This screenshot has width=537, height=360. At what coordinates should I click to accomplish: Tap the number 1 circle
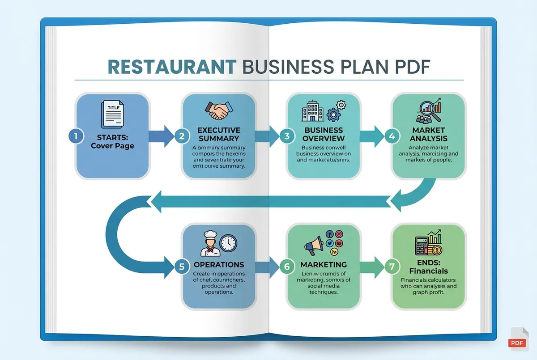click(x=76, y=137)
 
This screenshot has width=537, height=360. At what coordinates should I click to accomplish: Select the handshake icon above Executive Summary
click(x=219, y=110)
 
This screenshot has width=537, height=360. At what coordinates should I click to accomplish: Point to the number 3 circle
click(x=286, y=137)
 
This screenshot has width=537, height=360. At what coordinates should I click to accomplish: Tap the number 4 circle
click(x=392, y=137)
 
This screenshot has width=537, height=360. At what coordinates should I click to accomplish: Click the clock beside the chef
click(x=228, y=243)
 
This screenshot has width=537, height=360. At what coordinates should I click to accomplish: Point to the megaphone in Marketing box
click(x=315, y=246)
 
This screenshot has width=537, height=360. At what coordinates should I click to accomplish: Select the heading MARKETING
click(x=324, y=265)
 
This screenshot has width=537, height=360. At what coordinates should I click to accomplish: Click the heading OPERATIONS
click(x=219, y=265)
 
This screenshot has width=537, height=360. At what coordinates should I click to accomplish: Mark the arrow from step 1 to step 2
click(x=161, y=137)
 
